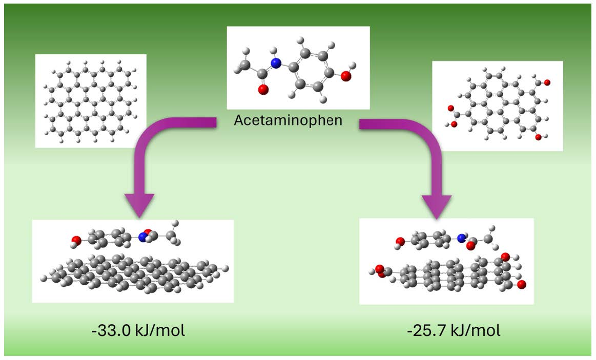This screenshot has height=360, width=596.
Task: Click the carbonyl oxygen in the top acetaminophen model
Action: coord(263,90)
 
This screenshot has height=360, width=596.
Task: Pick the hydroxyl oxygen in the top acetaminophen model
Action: coord(346,76)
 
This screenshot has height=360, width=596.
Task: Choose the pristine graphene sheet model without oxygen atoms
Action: coord(91,101)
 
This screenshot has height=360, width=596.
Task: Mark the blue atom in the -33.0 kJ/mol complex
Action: coord(142,237)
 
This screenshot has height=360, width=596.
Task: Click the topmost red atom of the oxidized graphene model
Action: coord(546,82)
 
